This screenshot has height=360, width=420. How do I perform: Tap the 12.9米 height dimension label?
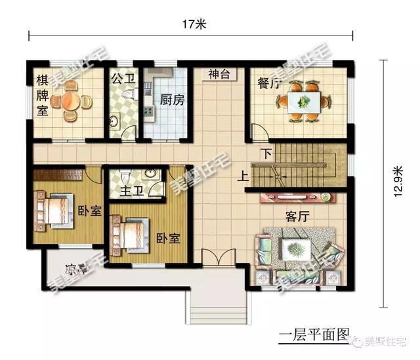(x=398, y=178)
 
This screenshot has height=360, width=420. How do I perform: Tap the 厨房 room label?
(x=172, y=100)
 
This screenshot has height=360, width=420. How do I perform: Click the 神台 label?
(x=219, y=74)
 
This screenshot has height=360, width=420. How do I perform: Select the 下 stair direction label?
(x=266, y=155)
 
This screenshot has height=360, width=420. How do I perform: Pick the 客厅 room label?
(x=298, y=215)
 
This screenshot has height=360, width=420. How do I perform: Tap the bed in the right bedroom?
(x=132, y=233)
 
